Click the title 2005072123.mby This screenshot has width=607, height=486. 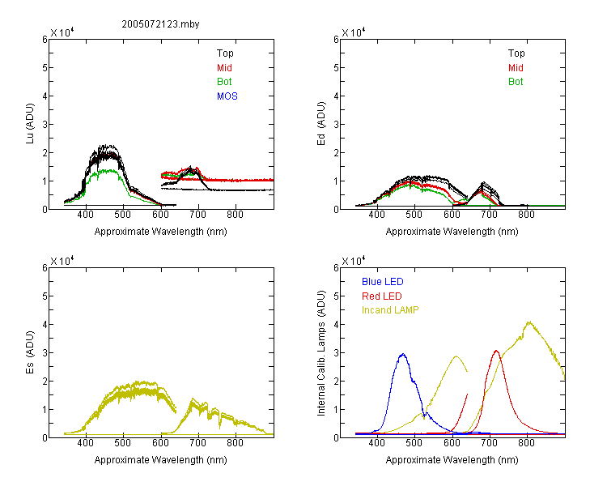[x=160, y=24]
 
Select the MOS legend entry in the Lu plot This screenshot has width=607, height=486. [x=227, y=96]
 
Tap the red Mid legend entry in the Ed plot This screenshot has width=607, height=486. [x=516, y=68]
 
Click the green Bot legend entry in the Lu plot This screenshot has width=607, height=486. [x=224, y=82]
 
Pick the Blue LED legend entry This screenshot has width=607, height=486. [x=383, y=282]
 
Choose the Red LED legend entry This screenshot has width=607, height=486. [x=382, y=296]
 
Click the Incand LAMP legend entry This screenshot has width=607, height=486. [x=390, y=310]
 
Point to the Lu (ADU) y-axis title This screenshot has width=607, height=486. [x=30, y=124]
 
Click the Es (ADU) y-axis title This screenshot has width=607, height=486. [x=30, y=352]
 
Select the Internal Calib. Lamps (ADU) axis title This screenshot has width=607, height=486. [x=321, y=353]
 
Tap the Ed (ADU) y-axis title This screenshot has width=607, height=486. [x=321, y=124]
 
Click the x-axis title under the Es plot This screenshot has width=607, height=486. [x=161, y=460]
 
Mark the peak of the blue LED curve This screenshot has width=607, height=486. [x=403, y=354]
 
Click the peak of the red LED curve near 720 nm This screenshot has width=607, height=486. [x=496, y=351]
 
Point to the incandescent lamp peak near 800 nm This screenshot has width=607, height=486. [x=529, y=322]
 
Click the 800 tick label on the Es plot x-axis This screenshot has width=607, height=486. [x=235, y=443]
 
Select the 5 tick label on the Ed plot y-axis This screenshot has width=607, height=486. [x=336, y=68]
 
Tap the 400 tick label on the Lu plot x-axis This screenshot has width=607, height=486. [x=85, y=215]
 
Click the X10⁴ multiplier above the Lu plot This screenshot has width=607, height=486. [x=62, y=32]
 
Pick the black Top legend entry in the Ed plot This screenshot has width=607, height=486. [x=516, y=53]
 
